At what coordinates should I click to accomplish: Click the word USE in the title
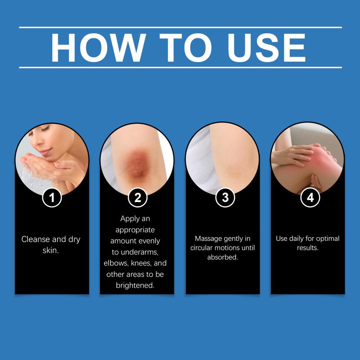[x=266, y=48]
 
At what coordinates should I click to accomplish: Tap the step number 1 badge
[x=52, y=198]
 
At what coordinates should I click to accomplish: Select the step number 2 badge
[x=138, y=198]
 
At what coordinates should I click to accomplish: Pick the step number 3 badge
[x=225, y=198]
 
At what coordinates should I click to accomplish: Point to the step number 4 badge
[x=310, y=198]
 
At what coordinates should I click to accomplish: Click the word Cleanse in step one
[x=36, y=239]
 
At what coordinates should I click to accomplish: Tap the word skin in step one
[x=50, y=251]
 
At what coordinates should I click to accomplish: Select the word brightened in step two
[x=135, y=285]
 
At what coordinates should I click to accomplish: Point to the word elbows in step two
[x=116, y=263]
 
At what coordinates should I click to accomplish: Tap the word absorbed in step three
[x=222, y=257]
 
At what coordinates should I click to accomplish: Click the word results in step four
[x=307, y=248]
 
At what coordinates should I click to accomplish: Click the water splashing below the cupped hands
[x=31, y=178]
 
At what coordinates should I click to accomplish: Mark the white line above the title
[x=180, y=27]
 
